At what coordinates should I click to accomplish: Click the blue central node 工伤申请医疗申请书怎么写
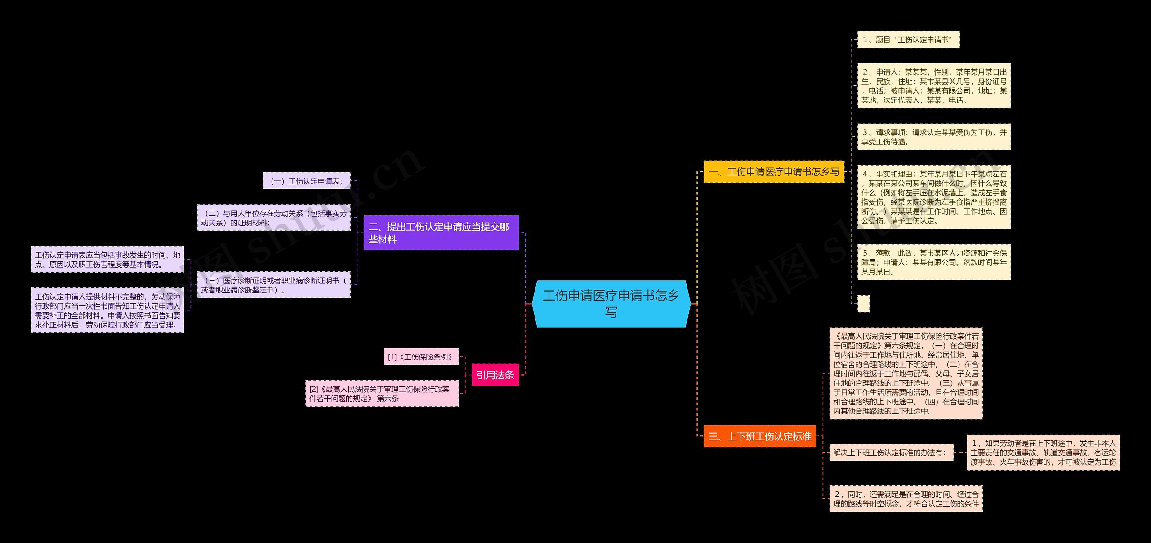(611, 304)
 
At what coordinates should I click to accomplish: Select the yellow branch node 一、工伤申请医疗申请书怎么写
(774, 171)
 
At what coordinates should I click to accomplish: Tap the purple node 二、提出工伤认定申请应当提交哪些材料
(441, 233)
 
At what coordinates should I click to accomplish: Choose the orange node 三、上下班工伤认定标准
(760, 436)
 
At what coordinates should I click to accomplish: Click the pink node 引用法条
(495, 375)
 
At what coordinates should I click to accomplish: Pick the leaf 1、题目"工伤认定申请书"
(908, 40)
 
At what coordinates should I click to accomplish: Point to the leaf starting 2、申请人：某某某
(934, 86)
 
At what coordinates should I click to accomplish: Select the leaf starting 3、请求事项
(934, 137)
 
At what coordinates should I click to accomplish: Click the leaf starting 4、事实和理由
(934, 197)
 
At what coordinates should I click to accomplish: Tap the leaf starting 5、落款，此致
(934, 262)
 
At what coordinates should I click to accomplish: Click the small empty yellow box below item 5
(863, 304)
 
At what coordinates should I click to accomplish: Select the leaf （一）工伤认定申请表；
(307, 181)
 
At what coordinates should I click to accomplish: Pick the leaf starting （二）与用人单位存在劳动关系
(274, 218)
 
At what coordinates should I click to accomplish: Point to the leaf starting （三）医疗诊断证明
(274, 285)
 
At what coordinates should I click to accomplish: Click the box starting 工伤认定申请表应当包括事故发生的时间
(107, 260)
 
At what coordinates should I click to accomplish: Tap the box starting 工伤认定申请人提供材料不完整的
(107, 310)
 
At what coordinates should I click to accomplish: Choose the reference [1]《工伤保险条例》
(421, 357)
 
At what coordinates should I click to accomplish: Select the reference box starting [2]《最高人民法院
(382, 394)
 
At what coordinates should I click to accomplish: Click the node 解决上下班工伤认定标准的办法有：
(891, 453)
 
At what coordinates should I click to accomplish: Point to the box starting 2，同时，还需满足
(906, 498)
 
